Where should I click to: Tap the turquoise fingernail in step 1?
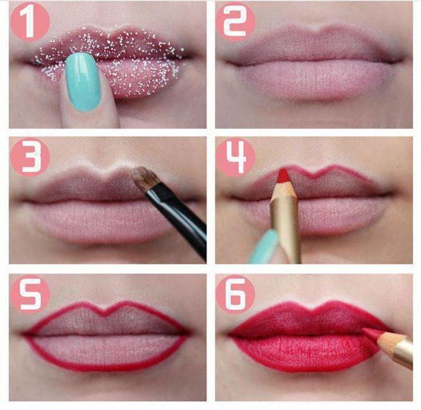tap(83, 81)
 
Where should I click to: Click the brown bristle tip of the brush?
tap(143, 178)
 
